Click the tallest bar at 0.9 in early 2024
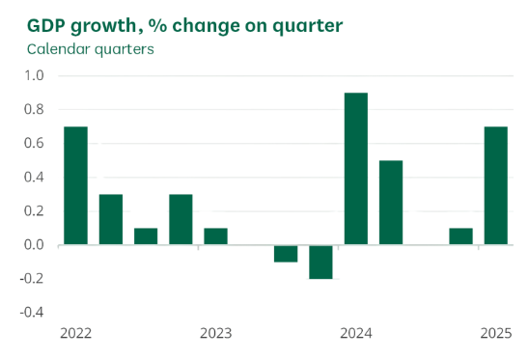coord(356,169)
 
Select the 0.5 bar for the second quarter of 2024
coord(391,203)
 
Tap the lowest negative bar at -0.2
coord(321,262)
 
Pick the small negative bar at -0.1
coord(286,253)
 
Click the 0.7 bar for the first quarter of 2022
coord(76,185)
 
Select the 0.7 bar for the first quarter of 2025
coord(496,185)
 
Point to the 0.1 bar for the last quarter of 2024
coord(461,236)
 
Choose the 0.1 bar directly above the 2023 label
coord(216,236)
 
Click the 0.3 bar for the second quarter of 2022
coord(111,219)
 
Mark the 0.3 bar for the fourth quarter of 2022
coord(181,219)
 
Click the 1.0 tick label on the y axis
coord(34,76)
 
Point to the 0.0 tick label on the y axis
coord(34,245)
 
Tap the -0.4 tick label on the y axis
coord(32,313)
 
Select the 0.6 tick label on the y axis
coord(34,144)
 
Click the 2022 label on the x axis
coord(76,334)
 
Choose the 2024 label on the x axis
coord(356,334)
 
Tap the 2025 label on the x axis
coord(496,334)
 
